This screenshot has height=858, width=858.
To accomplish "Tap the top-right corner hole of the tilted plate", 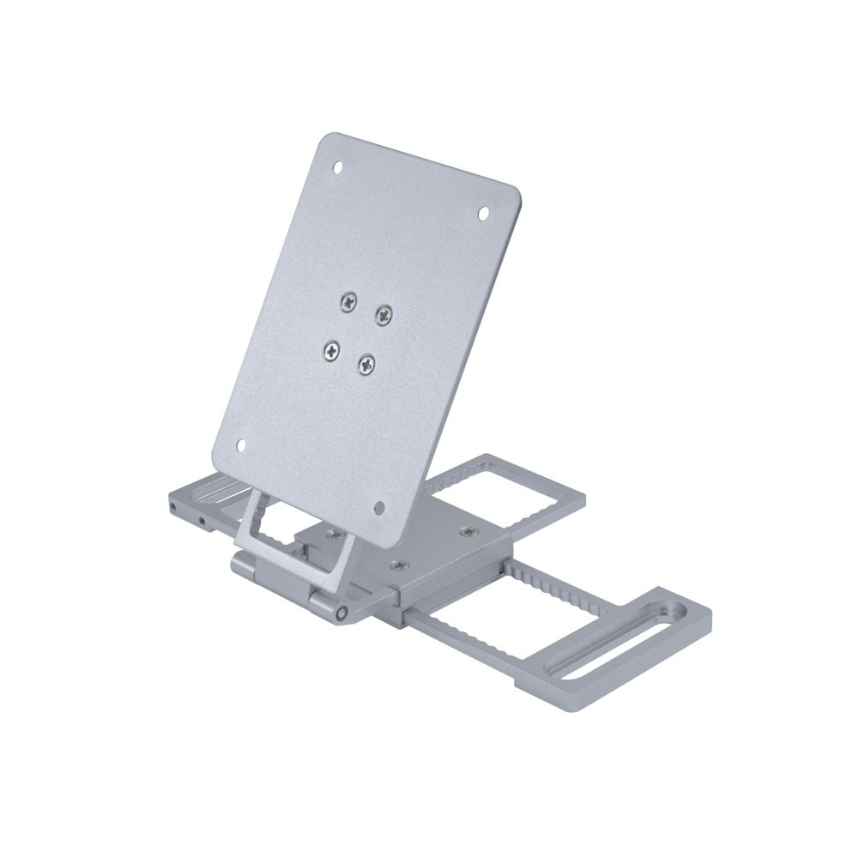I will point(482,212).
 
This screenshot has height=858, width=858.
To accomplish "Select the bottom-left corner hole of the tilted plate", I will point(241,445).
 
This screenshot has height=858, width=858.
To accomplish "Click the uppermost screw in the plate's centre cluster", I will point(348,300).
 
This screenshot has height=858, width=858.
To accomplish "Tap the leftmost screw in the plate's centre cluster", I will point(329,349).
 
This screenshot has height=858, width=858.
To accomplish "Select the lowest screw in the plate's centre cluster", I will point(366,365).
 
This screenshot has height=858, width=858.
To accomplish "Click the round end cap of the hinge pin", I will point(341,614).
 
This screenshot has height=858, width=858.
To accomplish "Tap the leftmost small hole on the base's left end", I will point(174,509).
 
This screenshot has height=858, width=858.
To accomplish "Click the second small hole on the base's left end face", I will point(202,520).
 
